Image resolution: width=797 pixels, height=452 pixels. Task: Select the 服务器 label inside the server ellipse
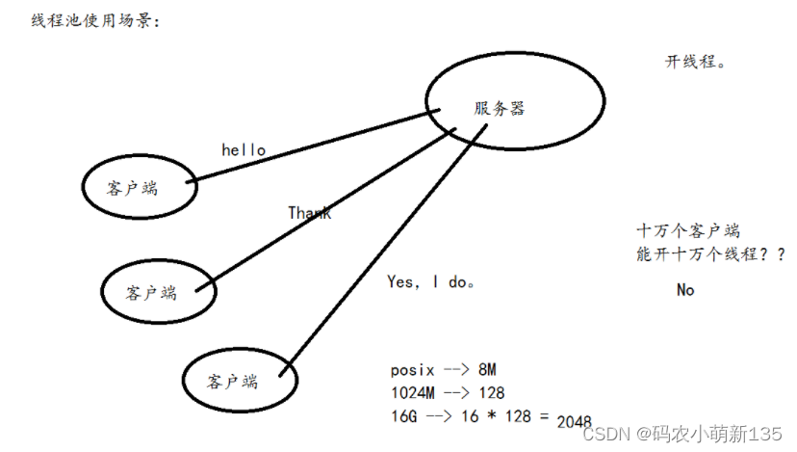point(499,109)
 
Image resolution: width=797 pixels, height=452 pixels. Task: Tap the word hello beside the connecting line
point(244,150)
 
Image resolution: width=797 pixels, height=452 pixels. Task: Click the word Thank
point(309,213)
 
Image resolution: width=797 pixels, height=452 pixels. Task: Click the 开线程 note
point(694,62)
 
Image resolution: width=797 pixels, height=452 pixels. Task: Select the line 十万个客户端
point(688,231)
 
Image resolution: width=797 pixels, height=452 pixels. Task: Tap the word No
point(684,290)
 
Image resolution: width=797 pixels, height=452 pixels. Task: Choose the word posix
point(413,369)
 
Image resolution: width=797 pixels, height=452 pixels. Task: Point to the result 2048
point(575,421)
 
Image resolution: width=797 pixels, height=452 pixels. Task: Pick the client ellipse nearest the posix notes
point(233,381)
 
